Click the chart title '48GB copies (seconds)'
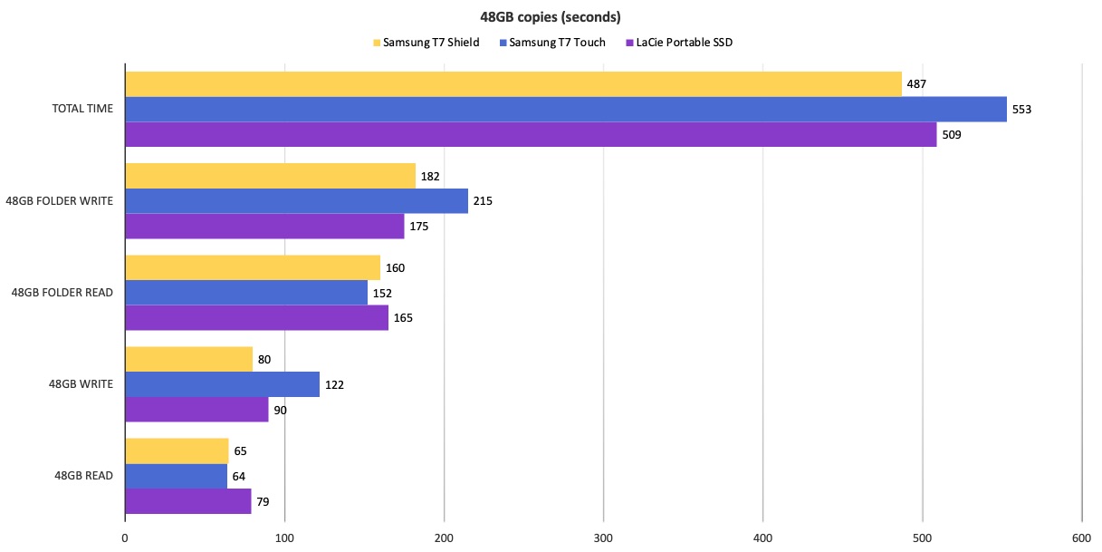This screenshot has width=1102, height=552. (x=550, y=17)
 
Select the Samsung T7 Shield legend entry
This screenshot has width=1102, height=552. (x=426, y=43)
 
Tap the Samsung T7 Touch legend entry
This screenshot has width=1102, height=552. (x=552, y=43)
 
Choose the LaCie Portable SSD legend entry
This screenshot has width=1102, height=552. (x=679, y=43)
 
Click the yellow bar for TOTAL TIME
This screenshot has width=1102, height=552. (x=513, y=84)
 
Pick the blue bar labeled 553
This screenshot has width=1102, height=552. (x=566, y=110)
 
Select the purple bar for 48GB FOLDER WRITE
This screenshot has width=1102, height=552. (x=264, y=226)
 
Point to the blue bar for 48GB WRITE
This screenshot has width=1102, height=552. (x=223, y=384)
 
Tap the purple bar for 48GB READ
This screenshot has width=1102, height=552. (x=188, y=501)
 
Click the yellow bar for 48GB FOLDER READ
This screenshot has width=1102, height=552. (x=253, y=268)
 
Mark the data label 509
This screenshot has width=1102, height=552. (x=952, y=135)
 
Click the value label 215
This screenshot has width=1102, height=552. (x=483, y=201)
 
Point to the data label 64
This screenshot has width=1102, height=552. (x=239, y=476)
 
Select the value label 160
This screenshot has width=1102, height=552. (x=395, y=268)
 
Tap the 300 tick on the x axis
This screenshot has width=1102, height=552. (x=603, y=538)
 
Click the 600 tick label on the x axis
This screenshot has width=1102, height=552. (x=1081, y=538)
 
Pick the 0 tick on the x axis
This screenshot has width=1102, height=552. (x=125, y=538)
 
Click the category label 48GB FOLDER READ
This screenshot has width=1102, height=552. (x=62, y=293)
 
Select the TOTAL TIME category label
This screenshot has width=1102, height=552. (x=82, y=109)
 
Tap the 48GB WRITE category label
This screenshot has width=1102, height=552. (x=81, y=384)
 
